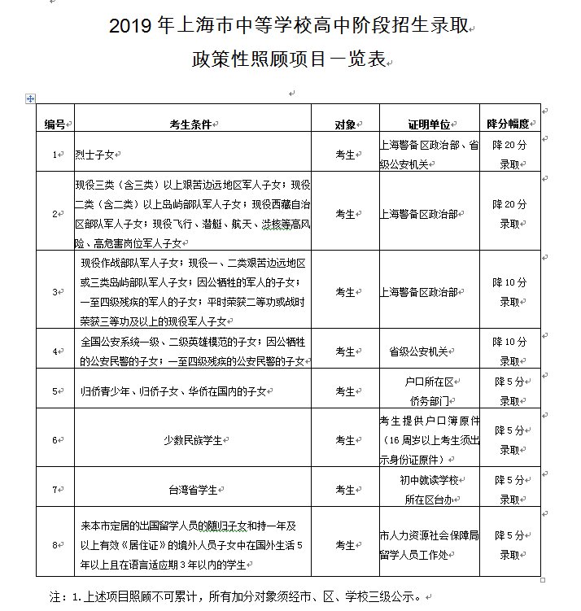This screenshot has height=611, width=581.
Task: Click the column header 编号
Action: pyautogui.click(x=55, y=124)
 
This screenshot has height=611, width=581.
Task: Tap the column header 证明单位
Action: pyautogui.click(x=429, y=124)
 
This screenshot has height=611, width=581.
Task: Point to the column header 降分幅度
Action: pyautogui.click(x=509, y=124)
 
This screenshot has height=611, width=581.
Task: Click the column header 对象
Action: pyautogui.click(x=345, y=124)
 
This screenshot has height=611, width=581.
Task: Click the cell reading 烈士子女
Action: pyautogui.click(x=95, y=154)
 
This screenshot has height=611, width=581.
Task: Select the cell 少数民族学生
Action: pyautogui.click(x=193, y=440)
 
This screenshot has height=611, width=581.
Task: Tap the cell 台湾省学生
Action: pyautogui.click(x=193, y=490)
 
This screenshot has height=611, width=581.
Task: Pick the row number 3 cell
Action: pyautogui.click(x=55, y=292)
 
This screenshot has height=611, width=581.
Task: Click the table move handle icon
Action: pyautogui.click(x=31, y=98)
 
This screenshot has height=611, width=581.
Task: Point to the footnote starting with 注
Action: pyautogui.click(x=236, y=596)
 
